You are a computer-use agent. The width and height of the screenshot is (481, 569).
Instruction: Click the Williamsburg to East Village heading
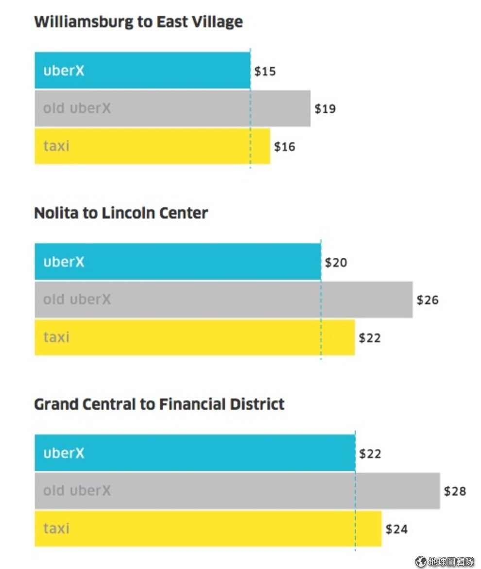[x=138, y=22]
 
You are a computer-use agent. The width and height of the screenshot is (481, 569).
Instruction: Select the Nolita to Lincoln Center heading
[x=121, y=213]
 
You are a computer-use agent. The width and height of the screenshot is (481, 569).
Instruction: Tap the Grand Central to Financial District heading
[x=159, y=404]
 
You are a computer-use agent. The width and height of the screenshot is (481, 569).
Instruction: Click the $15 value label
[x=265, y=71]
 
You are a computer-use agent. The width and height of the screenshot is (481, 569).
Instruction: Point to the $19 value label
[x=325, y=108]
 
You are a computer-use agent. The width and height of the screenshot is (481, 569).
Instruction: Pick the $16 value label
[x=285, y=146]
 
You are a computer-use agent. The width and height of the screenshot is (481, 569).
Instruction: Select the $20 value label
[x=336, y=262]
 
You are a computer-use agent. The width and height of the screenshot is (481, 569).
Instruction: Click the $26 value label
[x=428, y=300]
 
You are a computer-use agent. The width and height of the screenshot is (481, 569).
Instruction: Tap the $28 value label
[x=455, y=491]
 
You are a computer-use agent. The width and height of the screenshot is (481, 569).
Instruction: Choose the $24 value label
[x=396, y=529]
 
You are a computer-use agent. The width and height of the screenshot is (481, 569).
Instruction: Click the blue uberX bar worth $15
[x=142, y=71]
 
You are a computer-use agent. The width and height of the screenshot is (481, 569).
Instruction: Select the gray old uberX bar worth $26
[x=223, y=300]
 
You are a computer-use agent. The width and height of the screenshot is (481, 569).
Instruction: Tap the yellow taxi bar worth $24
[x=208, y=528]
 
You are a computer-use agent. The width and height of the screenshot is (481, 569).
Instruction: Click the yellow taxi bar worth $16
[x=152, y=146]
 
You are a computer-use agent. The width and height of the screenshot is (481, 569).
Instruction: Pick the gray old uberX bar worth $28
[x=238, y=491]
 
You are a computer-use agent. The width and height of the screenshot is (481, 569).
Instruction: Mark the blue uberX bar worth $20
[x=178, y=262]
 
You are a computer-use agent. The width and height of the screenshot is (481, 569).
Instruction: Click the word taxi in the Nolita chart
[x=56, y=337]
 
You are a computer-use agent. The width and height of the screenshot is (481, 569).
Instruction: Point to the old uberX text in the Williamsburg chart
[x=77, y=108]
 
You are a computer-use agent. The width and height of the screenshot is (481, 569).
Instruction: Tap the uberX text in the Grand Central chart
[x=64, y=453]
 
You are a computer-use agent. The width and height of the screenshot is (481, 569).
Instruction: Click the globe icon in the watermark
[x=421, y=561]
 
